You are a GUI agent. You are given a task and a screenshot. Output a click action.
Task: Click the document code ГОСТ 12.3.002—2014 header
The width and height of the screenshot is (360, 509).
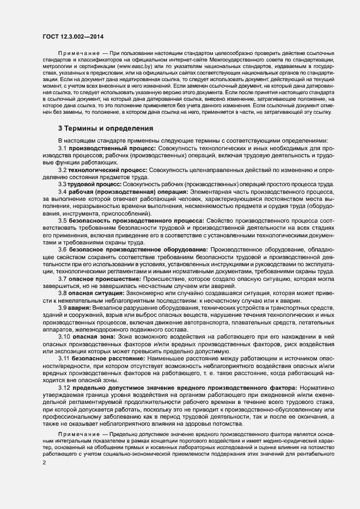coord(72,36)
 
